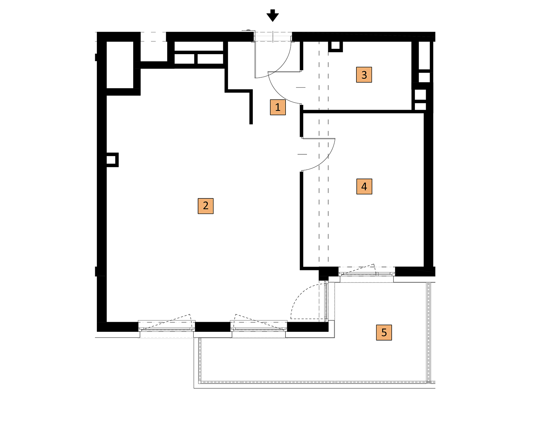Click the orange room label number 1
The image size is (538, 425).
[x=278, y=107]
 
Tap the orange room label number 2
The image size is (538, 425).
[x=205, y=206]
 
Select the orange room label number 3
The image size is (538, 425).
[x=364, y=75]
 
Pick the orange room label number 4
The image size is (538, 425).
[x=364, y=187]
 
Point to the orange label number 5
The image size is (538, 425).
[x=384, y=333]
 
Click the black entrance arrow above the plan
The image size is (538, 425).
[x=272, y=15]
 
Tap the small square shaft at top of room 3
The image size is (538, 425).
[x=336, y=46]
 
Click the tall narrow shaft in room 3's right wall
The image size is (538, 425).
[x=424, y=55]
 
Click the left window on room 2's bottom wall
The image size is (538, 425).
[x=167, y=326]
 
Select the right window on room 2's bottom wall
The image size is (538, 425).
[x=259, y=326]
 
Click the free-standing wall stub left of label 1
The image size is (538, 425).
[x=251, y=107]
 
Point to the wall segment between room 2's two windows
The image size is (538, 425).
[x=213, y=327]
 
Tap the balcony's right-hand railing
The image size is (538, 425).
[x=428, y=333]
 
